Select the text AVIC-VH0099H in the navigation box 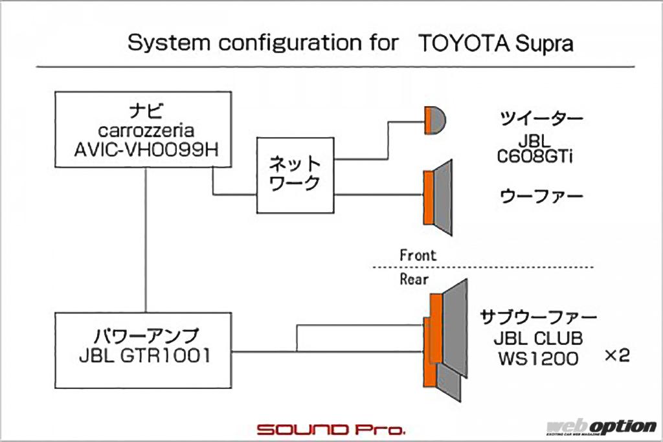(x=143, y=148)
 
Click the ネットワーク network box (x=295, y=175)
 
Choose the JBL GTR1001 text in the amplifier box (x=143, y=355)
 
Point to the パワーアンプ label (x=143, y=337)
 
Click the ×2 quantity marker (x=616, y=356)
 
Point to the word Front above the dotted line (x=418, y=255)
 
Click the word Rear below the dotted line (x=414, y=279)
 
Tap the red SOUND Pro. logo (x=331, y=429)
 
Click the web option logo (x=601, y=427)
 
